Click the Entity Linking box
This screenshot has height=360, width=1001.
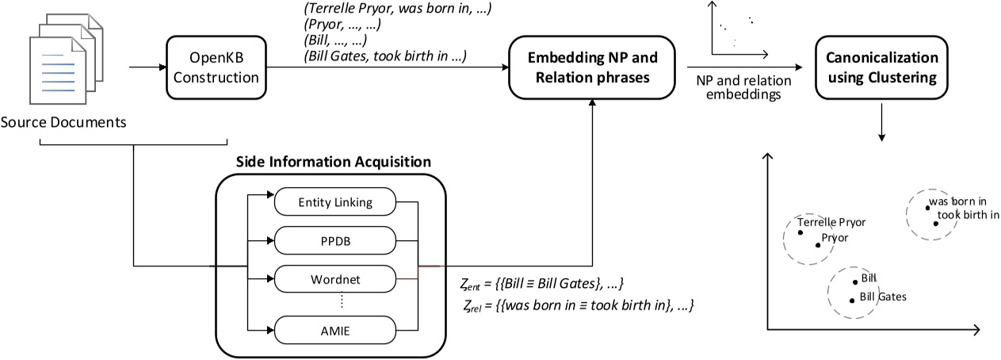335,203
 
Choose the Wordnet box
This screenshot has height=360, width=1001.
335,278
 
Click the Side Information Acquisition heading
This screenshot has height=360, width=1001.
333,161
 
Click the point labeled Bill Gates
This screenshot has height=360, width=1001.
852,300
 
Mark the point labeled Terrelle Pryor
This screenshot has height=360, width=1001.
800,233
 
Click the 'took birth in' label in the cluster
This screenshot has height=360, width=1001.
967,214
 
